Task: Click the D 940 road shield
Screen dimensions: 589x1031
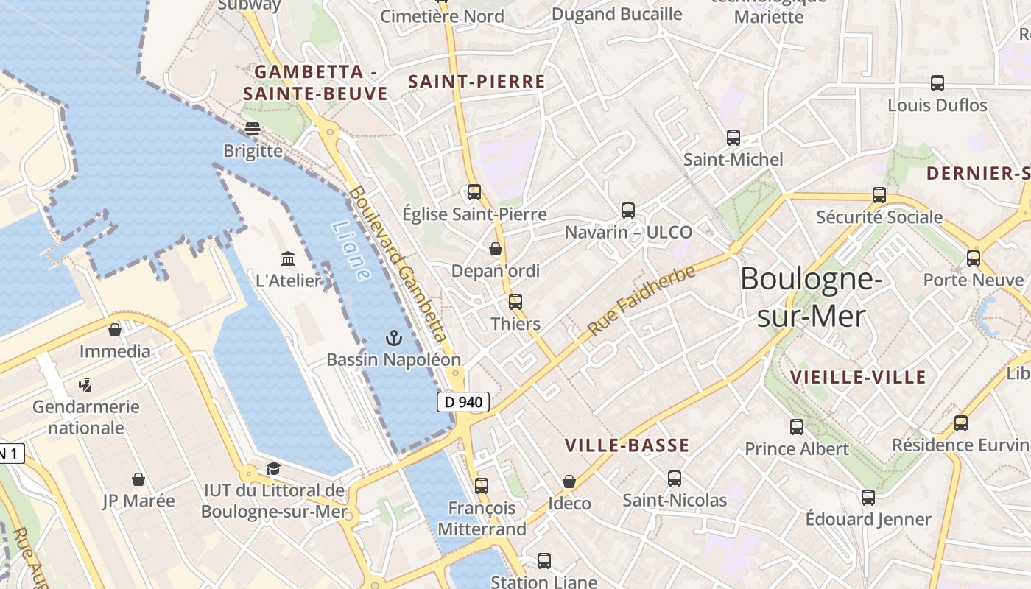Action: click(x=462, y=402)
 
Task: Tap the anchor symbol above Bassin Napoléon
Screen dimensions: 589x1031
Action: click(x=395, y=338)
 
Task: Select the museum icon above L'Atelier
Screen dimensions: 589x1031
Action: click(x=289, y=258)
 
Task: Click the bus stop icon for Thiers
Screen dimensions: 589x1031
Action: click(x=515, y=301)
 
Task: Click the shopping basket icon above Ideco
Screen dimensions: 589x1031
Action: click(x=569, y=482)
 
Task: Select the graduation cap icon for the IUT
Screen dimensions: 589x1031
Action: click(x=273, y=468)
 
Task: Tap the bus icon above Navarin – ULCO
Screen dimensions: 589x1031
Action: click(x=628, y=211)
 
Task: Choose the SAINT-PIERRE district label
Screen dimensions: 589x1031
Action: click(x=476, y=82)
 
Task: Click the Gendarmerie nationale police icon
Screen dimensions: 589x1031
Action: click(x=85, y=384)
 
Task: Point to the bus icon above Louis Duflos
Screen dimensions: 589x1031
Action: click(x=937, y=83)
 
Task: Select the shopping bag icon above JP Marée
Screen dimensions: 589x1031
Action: click(x=138, y=479)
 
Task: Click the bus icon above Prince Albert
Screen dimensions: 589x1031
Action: click(x=797, y=426)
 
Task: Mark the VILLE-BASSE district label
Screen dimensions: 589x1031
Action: click(x=627, y=445)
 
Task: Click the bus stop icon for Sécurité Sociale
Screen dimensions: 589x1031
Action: click(x=879, y=195)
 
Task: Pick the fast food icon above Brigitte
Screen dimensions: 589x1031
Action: click(x=253, y=129)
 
